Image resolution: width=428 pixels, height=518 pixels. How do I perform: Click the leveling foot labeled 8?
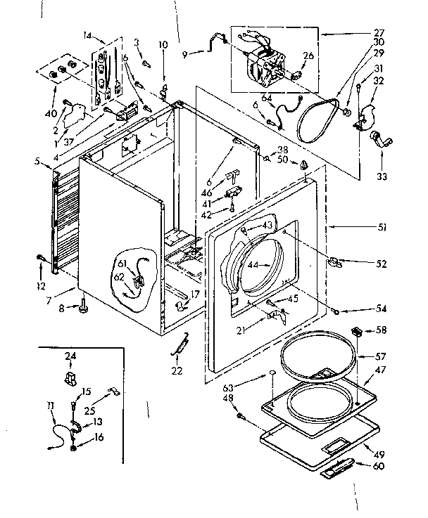83,306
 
